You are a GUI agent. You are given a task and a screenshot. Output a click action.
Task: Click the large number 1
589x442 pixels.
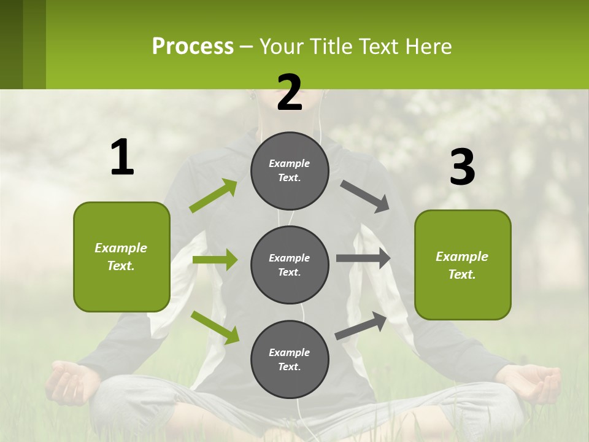tap(122, 158)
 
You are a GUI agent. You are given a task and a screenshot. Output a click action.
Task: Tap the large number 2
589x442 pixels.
tap(290, 93)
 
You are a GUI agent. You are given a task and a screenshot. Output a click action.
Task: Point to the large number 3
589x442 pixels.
tap(462, 168)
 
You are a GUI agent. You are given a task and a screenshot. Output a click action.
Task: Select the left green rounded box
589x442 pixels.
tap(121, 257)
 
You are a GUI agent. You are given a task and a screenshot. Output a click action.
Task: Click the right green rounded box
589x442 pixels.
tap(463, 265)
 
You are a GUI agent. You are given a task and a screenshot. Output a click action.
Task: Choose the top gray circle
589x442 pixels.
tap(290, 171)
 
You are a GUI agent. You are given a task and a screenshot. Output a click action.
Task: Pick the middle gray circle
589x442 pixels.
tap(290, 265)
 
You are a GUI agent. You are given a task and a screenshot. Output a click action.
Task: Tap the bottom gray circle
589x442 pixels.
tap(290, 359)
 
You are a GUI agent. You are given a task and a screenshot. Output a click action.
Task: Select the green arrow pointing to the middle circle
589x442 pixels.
tap(215, 260)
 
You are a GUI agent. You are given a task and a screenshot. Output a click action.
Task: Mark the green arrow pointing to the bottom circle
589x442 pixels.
tap(215, 327)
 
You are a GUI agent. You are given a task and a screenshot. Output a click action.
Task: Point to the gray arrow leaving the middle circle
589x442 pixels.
tap(363, 258)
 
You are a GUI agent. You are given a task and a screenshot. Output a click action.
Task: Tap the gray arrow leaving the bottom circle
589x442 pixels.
tap(361, 325)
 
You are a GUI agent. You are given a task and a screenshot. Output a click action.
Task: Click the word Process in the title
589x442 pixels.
tap(193, 46)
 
